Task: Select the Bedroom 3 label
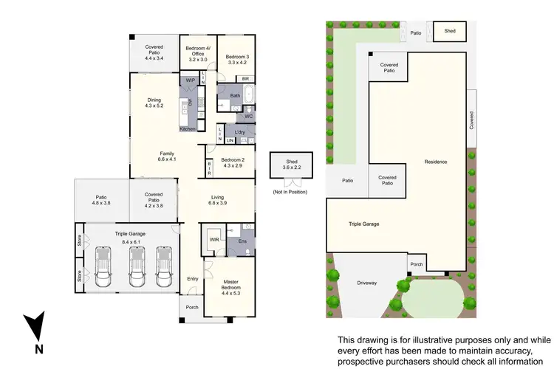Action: click(x=237, y=60)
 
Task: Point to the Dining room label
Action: click(x=154, y=103)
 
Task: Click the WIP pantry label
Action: click(x=191, y=79)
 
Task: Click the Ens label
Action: click(x=242, y=240)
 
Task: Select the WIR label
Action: click(x=214, y=239)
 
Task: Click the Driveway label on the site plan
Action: click(x=367, y=281)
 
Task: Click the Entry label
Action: click(x=193, y=279)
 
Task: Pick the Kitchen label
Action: click(x=188, y=129)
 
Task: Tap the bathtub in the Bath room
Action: click(x=247, y=95)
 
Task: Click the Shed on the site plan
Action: click(x=449, y=31)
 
